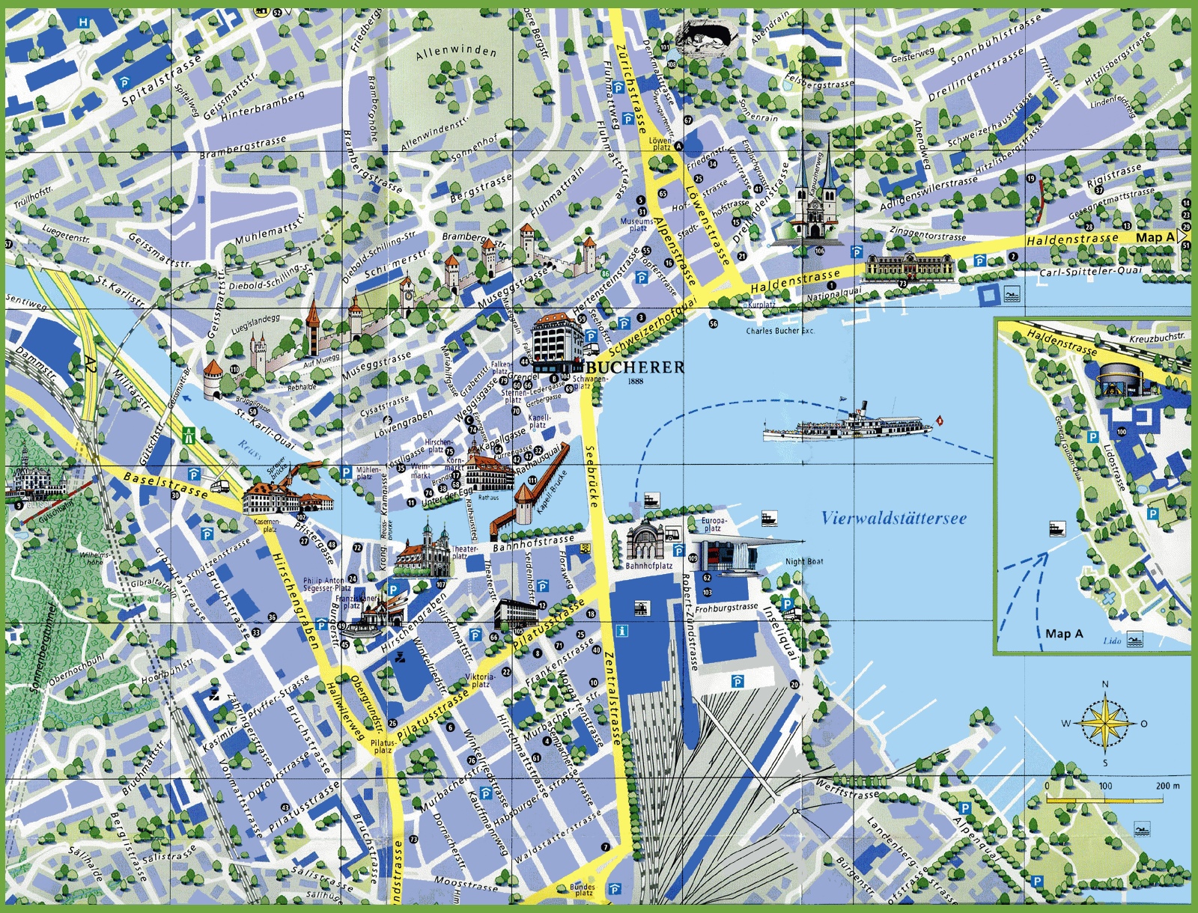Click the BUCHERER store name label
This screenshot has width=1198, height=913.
pyautogui.click(x=635, y=367)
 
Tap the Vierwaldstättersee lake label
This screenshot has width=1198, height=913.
pyautogui.click(x=893, y=518)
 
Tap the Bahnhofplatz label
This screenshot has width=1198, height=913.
pyautogui.click(x=648, y=567)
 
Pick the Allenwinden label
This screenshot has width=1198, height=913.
pyautogui.click(x=456, y=52)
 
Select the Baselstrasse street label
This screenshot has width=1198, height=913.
pyautogui.click(x=166, y=485)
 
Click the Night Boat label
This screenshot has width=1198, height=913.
pyautogui.click(x=804, y=561)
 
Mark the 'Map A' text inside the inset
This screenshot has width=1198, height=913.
pyautogui.click(x=1064, y=633)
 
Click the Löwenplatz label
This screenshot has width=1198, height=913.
pyautogui.click(x=660, y=144)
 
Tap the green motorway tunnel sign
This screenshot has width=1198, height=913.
pyautogui.click(x=190, y=434)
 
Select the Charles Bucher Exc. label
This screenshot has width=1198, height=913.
pyautogui.click(x=779, y=331)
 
